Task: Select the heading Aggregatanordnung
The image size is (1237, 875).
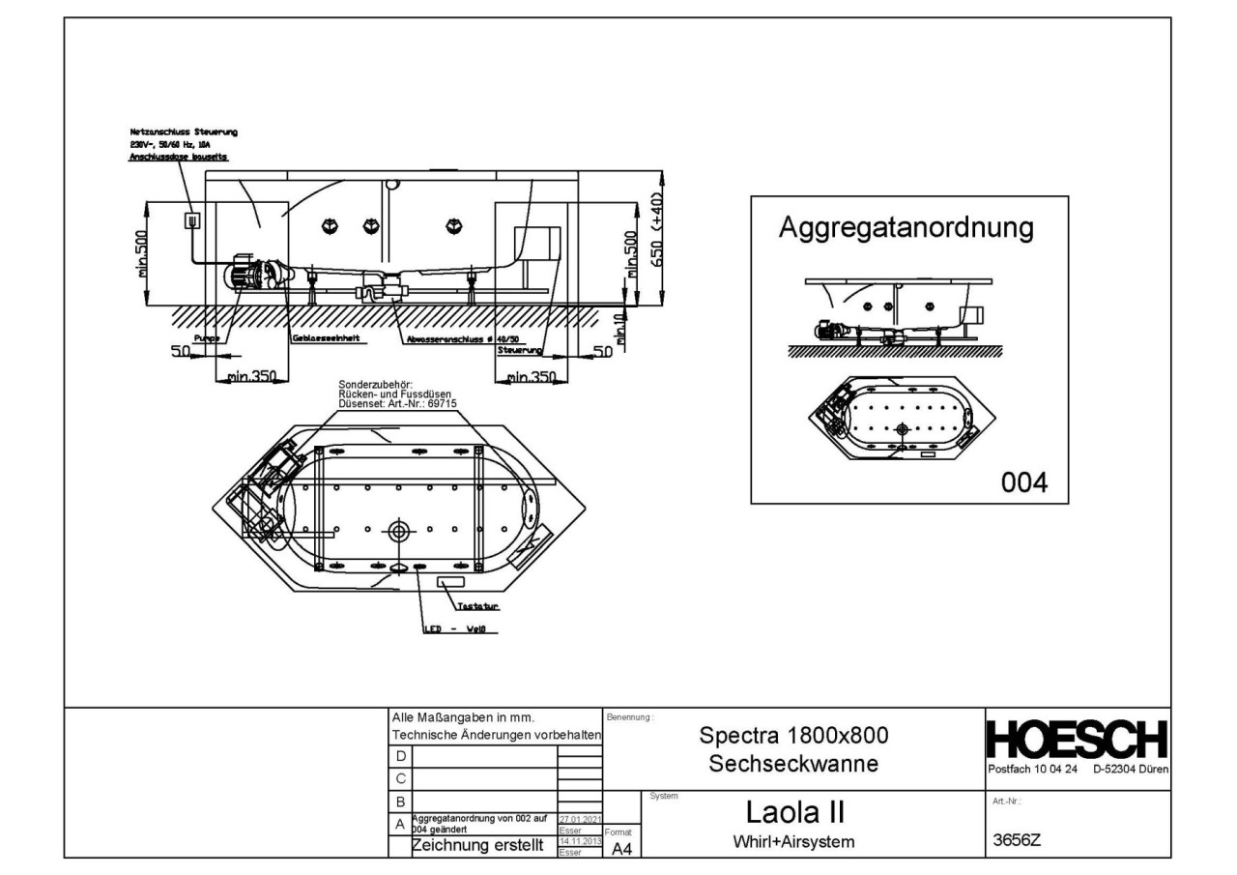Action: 908,229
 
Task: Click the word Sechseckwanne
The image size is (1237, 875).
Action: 793,764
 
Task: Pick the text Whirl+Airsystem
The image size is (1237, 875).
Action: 793,842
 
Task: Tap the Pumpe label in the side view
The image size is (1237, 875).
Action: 205,338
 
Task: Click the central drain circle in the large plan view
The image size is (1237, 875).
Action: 399,530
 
